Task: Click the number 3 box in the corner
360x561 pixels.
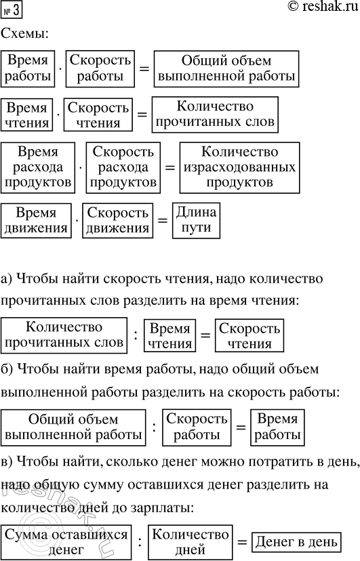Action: tap(12, 11)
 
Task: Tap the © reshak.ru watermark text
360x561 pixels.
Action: tap(316, 9)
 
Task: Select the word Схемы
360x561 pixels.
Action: tap(25, 33)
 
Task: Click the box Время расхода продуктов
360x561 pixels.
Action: tap(38, 167)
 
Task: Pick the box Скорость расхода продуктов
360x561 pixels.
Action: tap(123, 167)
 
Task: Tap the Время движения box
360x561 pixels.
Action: tap(37, 220)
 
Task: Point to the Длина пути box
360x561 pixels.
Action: tap(197, 220)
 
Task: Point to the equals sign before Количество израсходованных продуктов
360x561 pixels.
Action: tap(170, 168)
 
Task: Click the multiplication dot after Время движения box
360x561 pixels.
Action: tap(77, 220)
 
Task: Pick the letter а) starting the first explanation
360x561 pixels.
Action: tap(9, 278)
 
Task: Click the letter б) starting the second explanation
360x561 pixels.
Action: tap(9, 370)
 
